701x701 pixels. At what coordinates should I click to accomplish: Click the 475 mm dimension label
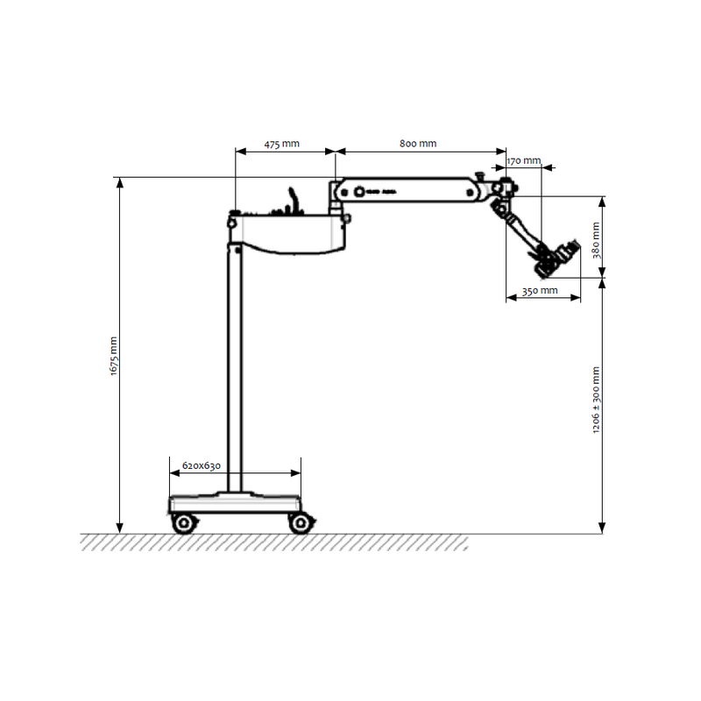point(281,144)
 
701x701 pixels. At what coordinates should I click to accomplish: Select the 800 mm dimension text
point(418,144)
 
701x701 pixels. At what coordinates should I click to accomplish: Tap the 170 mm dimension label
point(523,160)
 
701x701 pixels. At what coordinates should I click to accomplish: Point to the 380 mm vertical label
point(597,240)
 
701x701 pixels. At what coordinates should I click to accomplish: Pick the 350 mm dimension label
point(540,291)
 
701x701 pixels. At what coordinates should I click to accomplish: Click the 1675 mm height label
point(114,356)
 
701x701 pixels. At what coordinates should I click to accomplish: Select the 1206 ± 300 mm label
point(596,400)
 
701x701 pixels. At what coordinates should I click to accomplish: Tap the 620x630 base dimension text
point(202,466)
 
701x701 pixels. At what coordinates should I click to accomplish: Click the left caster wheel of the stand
point(184,522)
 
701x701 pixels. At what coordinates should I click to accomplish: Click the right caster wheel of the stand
point(301,522)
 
